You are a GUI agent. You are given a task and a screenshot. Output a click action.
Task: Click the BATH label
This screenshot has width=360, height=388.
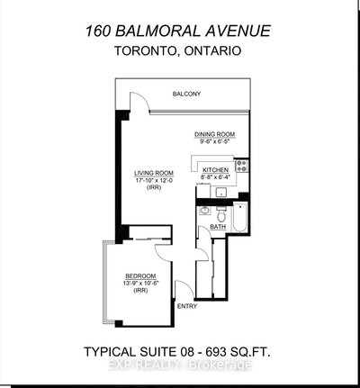217,227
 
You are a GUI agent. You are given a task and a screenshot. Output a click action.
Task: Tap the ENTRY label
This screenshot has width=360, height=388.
188,307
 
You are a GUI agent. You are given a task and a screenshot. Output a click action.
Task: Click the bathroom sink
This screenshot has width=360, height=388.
204,214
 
